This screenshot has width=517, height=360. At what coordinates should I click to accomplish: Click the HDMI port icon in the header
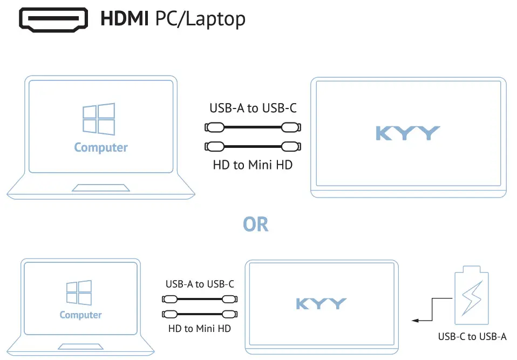[54, 19]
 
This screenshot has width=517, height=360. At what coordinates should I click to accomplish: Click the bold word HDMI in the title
[125, 19]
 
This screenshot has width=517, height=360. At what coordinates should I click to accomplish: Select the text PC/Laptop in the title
[200, 19]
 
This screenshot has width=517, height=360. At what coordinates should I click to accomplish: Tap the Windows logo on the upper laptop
[98, 119]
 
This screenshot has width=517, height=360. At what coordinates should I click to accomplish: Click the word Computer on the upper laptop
[101, 147]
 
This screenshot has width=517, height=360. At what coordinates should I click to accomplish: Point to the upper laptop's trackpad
[101, 188]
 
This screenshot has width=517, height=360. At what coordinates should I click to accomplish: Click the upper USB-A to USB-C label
[253, 108]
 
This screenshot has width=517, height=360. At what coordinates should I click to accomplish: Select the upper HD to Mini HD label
[253, 165]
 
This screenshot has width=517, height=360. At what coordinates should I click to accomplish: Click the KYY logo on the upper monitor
[407, 133]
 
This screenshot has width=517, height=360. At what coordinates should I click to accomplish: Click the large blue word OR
[256, 224]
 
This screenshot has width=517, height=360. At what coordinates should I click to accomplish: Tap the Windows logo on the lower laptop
[79, 293]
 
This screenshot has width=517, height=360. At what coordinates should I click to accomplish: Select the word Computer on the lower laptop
[80, 315]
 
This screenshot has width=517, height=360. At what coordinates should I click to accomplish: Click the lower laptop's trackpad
[80, 347]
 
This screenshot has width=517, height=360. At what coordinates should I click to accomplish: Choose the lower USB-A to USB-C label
[200, 284]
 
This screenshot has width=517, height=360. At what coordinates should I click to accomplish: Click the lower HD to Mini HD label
[200, 328]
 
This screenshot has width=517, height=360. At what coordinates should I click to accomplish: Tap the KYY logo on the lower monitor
[321, 304]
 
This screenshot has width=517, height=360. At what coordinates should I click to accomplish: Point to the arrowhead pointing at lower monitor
[415, 321]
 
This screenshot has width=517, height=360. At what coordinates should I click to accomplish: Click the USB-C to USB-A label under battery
[472, 337]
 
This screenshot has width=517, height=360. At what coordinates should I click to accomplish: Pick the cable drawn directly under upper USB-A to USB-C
[253, 128]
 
